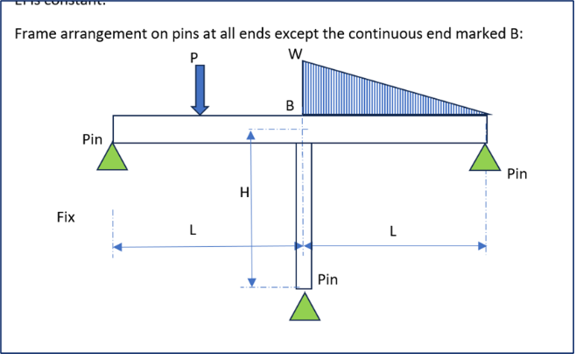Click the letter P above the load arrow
pos(194,56)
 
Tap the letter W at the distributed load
pos(295,54)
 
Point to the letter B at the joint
pos(290,105)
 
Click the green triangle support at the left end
pos(113,157)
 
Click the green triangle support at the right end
pos(486,158)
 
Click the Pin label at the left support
pos(92,138)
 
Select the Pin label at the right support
pos(516,173)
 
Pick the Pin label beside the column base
pos(328,279)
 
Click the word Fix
pos(66,216)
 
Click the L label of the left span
pos(193,231)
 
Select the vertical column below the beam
pos(304,215)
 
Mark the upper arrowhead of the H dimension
pos(251,136)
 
